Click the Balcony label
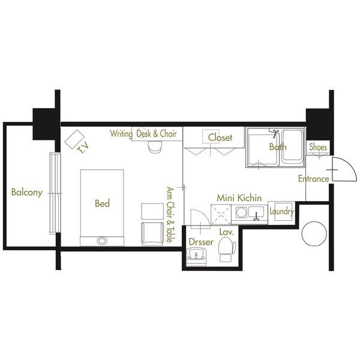click(27, 192)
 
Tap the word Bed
click(102, 203)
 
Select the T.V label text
click(83, 148)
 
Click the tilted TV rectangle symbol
click(74, 139)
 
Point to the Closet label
click(220, 137)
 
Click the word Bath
click(278, 147)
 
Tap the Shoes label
click(318, 147)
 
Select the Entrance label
click(313, 179)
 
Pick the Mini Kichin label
click(239, 198)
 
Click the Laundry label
click(281, 211)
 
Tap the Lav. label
click(226, 232)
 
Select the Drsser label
click(201, 242)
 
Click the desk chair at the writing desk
click(155, 147)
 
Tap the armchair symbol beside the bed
click(152, 234)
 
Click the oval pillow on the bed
click(102, 241)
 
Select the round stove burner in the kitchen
click(242, 212)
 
